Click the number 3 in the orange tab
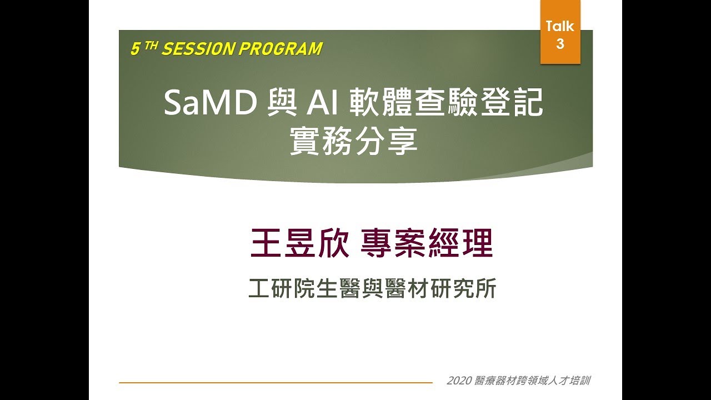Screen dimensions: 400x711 560,44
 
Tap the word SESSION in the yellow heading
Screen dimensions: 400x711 198,49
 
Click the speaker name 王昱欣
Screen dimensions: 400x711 300,244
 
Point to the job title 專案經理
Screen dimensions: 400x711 427,244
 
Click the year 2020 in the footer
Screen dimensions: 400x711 459,381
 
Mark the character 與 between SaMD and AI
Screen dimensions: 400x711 281,103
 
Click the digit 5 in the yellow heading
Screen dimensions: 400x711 134,49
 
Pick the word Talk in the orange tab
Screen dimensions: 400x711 560,26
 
